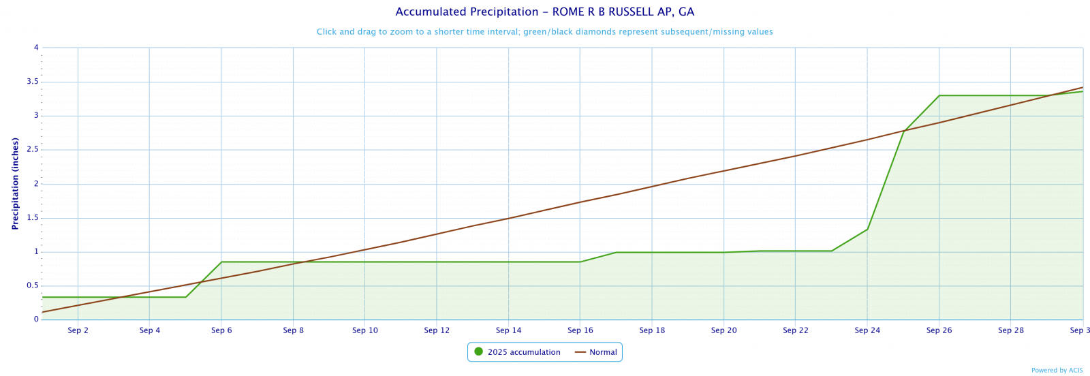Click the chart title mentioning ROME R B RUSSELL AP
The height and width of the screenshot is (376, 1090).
544,12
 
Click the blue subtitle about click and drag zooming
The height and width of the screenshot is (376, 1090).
544,32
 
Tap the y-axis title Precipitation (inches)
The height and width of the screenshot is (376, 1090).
15,184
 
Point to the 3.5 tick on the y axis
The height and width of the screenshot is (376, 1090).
31,82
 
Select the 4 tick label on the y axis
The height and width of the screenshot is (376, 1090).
36,48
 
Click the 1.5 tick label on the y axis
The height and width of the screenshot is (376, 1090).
31,218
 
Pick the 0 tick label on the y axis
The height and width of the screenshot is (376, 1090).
36,319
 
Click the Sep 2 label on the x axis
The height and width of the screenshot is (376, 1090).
78,330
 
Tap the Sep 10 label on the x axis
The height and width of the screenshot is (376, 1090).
365,330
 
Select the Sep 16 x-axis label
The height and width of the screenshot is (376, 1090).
580,330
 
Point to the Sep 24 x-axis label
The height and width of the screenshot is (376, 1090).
867,330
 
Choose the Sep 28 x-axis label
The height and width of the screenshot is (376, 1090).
1011,330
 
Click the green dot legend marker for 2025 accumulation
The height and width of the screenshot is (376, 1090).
478,352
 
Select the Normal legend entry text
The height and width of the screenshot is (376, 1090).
603,352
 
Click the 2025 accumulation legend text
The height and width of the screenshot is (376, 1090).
524,352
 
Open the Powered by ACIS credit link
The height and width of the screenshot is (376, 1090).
1057,371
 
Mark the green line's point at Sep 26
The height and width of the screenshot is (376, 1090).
939,95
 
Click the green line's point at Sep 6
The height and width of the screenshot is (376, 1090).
221,262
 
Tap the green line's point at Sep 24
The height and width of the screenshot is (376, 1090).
867,229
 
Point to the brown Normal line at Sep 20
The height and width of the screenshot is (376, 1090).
723,170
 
